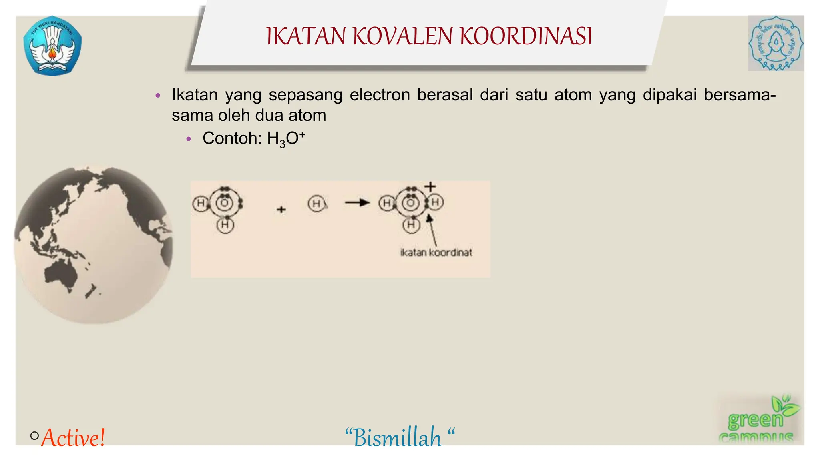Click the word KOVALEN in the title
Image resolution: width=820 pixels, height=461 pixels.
(x=403, y=36)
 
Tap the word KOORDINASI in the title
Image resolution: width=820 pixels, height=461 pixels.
(x=525, y=36)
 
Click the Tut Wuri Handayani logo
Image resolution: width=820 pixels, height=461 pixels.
(x=52, y=46)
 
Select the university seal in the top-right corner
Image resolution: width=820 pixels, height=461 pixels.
(x=776, y=43)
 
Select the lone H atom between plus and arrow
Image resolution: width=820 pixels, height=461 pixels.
(x=316, y=204)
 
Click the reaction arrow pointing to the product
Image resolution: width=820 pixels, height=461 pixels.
(x=357, y=203)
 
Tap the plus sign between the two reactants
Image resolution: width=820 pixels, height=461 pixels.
(x=281, y=209)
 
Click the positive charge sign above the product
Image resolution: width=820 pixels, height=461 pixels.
(x=430, y=186)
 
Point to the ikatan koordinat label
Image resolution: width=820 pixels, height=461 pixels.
(x=436, y=253)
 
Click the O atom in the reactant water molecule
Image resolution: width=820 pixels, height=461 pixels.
(x=225, y=204)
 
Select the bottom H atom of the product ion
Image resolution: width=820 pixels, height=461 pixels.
(x=411, y=225)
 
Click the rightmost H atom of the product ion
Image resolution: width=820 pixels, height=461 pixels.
(x=436, y=202)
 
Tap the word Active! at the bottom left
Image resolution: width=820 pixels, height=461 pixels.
(x=73, y=437)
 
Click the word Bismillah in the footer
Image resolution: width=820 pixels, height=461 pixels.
(x=398, y=437)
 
